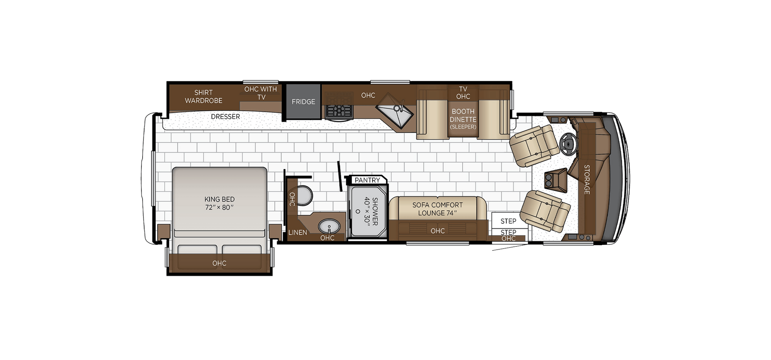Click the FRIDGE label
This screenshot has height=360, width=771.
click(303, 102)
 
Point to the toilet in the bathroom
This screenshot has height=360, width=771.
click(304, 196)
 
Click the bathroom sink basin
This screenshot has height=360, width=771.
click(329, 226)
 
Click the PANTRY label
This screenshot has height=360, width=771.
click(367, 180)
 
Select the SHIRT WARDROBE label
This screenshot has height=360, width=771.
click(204, 96)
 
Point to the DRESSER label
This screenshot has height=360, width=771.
click(226, 116)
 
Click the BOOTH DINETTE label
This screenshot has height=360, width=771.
click(463, 116)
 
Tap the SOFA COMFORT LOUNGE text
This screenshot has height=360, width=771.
click(438, 209)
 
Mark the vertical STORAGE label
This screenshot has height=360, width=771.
click(587, 179)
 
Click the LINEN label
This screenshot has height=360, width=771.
click(298, 232)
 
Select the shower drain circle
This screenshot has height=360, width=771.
click(357, 211)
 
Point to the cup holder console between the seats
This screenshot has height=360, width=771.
click(554, 180)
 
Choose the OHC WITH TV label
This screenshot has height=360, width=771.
click(261, 93)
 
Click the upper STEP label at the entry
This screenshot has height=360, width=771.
click(508, 221)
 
